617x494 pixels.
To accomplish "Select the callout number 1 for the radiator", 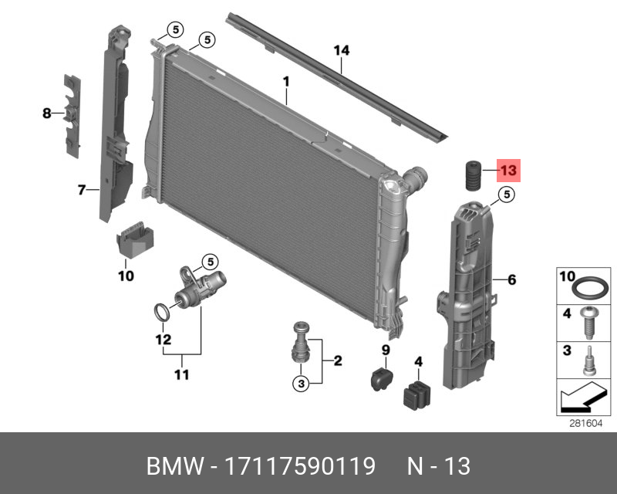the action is coord(285,81).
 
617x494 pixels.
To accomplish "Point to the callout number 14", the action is coord(342,50).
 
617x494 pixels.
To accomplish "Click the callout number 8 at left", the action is coord(46,113).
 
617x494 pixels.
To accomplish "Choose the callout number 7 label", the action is coord(83,188).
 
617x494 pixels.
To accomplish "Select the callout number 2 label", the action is coord(337,360).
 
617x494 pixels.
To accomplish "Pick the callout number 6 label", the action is coord(511,279).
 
